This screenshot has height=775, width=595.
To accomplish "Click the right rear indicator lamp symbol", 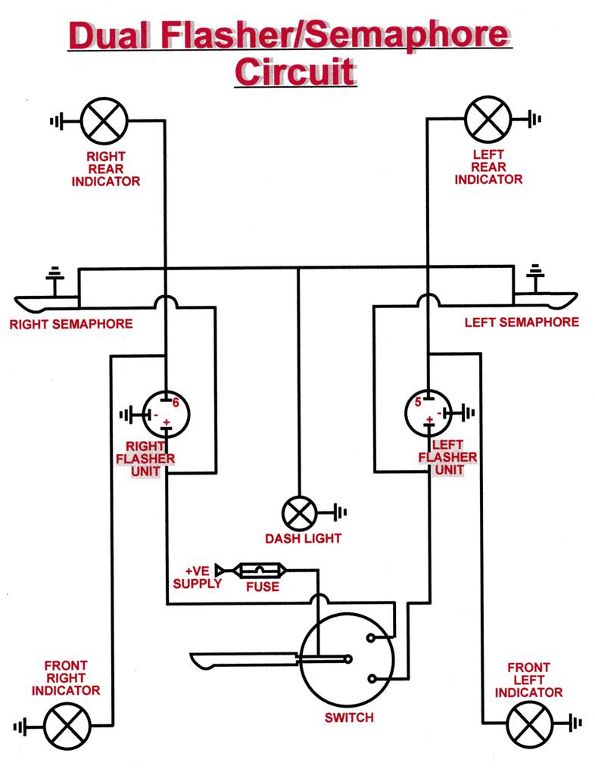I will pos(104,120).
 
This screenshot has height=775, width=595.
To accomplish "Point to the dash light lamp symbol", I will pos(300,513).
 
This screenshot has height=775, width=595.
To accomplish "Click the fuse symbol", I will pos(261,570).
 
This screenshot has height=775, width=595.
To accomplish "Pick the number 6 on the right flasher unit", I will pos(175,403).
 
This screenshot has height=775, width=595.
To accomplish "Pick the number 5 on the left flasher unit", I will pos(417,403).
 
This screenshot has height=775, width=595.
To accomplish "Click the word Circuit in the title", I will pos(294,72).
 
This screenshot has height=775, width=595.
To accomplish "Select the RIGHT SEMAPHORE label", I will pos(70,324).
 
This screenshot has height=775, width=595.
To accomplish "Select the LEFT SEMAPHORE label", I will pos(522,322).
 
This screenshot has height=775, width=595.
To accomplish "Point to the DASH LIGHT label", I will pos(303,539).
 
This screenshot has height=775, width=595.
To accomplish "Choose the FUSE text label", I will pos(262,587).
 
